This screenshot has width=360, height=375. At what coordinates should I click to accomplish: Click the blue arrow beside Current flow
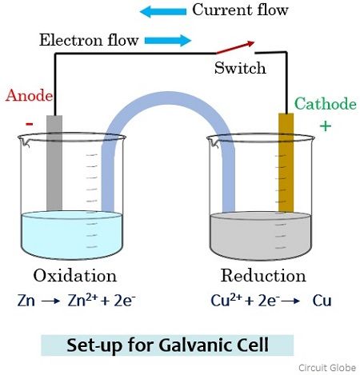pos(163,12)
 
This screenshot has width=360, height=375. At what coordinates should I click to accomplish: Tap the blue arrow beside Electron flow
pos(168,41)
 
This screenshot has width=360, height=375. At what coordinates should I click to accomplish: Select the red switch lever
pos(235,47)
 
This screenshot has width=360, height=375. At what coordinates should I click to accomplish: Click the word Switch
pos(240,68)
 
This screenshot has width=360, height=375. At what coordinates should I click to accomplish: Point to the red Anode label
pos(29,95)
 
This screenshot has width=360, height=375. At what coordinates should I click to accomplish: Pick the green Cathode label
pos(326,104)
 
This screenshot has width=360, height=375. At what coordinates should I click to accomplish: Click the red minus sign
pos(30,124)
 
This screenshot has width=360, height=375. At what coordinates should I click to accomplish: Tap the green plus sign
pos(326,126)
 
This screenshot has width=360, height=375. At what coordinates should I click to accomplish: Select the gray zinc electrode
pos(54,163)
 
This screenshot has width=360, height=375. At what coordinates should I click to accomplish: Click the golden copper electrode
pos(286,162)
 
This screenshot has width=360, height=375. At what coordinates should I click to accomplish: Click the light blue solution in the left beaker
pos(71,234)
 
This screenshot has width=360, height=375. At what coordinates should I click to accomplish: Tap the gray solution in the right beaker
pos(261,236)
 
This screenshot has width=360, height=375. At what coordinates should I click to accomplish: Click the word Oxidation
pos(75,275)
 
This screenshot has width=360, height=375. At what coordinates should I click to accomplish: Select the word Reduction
pos(263,275)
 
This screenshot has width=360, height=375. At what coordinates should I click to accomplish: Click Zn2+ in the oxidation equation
pos(82,300)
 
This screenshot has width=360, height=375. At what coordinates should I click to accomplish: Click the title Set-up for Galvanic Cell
pos(167,345)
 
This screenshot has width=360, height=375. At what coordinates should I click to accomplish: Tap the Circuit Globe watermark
pos(327,368)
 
